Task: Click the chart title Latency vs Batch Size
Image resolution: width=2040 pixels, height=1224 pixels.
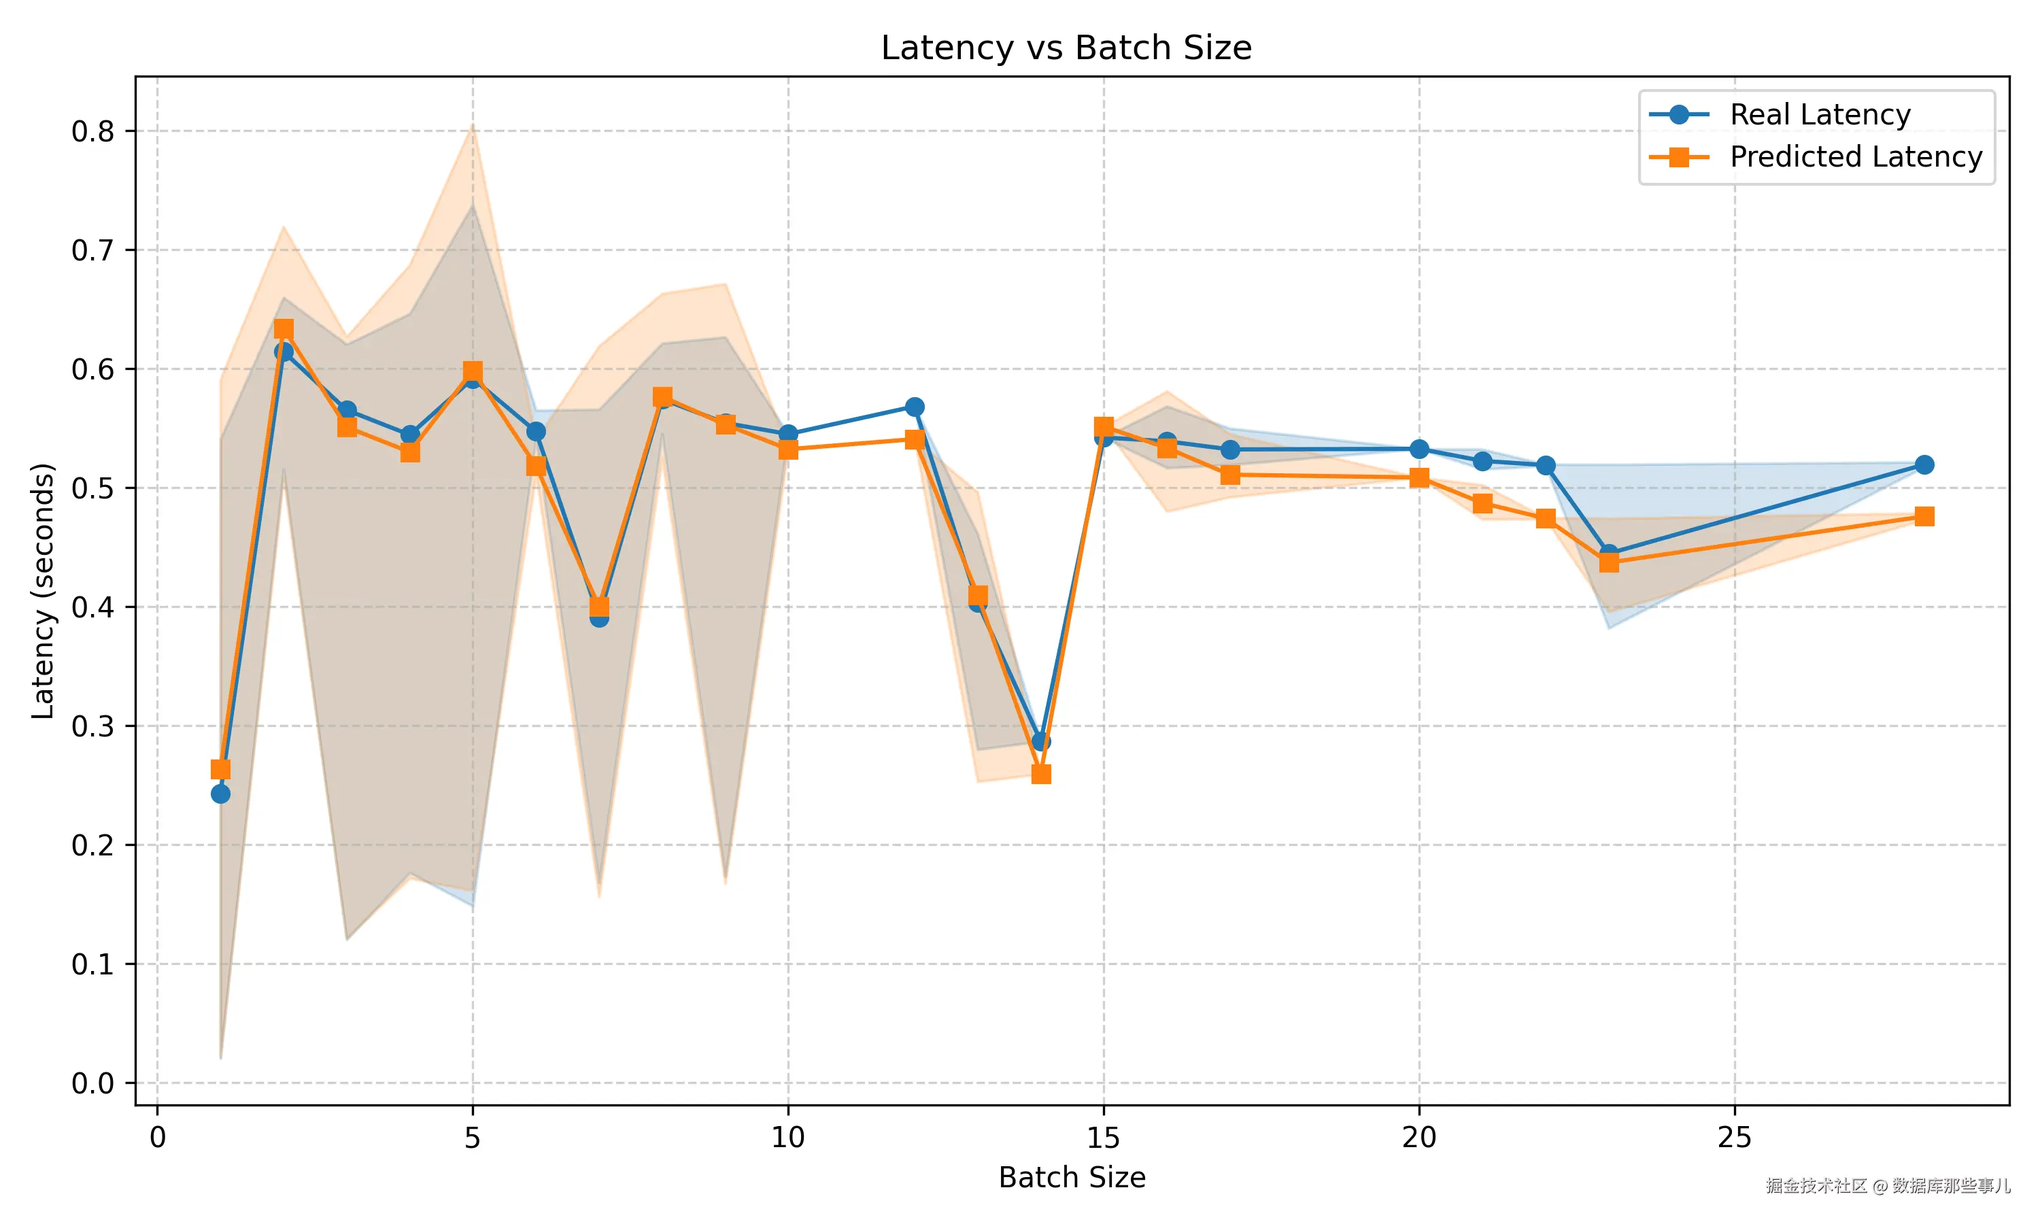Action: tap(1066, 48)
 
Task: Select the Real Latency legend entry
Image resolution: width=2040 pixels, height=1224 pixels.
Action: tap(1819, 115)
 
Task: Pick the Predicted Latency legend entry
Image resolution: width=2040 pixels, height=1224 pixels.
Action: tap(1855, 156)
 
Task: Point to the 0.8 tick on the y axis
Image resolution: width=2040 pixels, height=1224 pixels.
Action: tap(92, 132)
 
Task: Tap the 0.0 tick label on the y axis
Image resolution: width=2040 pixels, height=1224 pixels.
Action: tap(92, 1083)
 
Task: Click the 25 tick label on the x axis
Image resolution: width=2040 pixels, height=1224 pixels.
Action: tap(1734, 1138)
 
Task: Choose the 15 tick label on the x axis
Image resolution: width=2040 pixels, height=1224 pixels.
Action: tap(1103, 1138)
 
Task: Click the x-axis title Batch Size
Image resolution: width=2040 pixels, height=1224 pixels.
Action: tap(1071, 1178)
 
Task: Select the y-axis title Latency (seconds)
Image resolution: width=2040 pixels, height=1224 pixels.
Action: tap(43, 590)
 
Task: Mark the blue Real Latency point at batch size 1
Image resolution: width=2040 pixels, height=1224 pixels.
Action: tap(220, 794)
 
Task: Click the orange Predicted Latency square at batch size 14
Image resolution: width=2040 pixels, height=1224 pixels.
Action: tap(1040, 774)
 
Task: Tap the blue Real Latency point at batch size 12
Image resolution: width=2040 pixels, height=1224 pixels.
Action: tap(915, 407)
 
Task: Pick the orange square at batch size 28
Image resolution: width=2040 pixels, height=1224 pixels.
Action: tap(1924, 516)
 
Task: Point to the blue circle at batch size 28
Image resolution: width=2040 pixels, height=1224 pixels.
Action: tap(1924, 464)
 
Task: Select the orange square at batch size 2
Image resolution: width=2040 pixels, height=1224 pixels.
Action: tap(284, 330)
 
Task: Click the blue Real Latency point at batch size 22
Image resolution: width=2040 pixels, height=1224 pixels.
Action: tap(1545, 465)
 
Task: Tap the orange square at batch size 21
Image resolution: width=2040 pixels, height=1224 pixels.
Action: tap(1482, 503)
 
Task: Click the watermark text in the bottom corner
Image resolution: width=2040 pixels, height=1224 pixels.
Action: tap(1888, 1185)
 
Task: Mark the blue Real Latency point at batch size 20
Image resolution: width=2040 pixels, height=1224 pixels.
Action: tap(1419, 449)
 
